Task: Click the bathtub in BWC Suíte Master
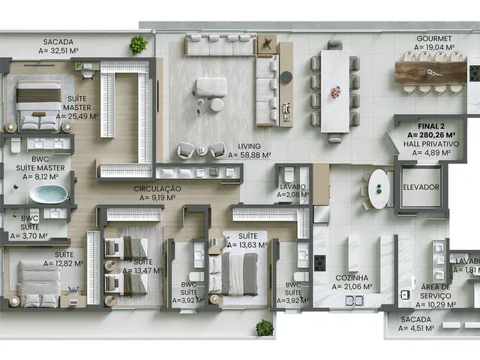[49, 193]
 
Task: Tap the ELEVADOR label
[421, 187]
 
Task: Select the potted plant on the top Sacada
[138, 45]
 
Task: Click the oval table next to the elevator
[379, 189]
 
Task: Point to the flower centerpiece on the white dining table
[335, 92]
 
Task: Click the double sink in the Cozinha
[355, 301]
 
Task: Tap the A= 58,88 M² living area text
[250, 155]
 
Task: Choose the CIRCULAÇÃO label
[157, 188]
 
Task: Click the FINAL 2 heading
[431, 126]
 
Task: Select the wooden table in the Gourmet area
[431, 73]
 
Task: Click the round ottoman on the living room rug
[217, 105]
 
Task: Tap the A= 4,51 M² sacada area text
[416, 328]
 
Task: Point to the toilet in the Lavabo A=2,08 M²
[289, 174]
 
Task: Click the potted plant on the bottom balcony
[265, 328]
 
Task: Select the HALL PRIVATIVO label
[431, 144]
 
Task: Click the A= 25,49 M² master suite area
[77, 116]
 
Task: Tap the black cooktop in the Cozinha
[320, 263]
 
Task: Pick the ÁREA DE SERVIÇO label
[436, 292]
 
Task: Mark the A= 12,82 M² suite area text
[64, 263]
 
